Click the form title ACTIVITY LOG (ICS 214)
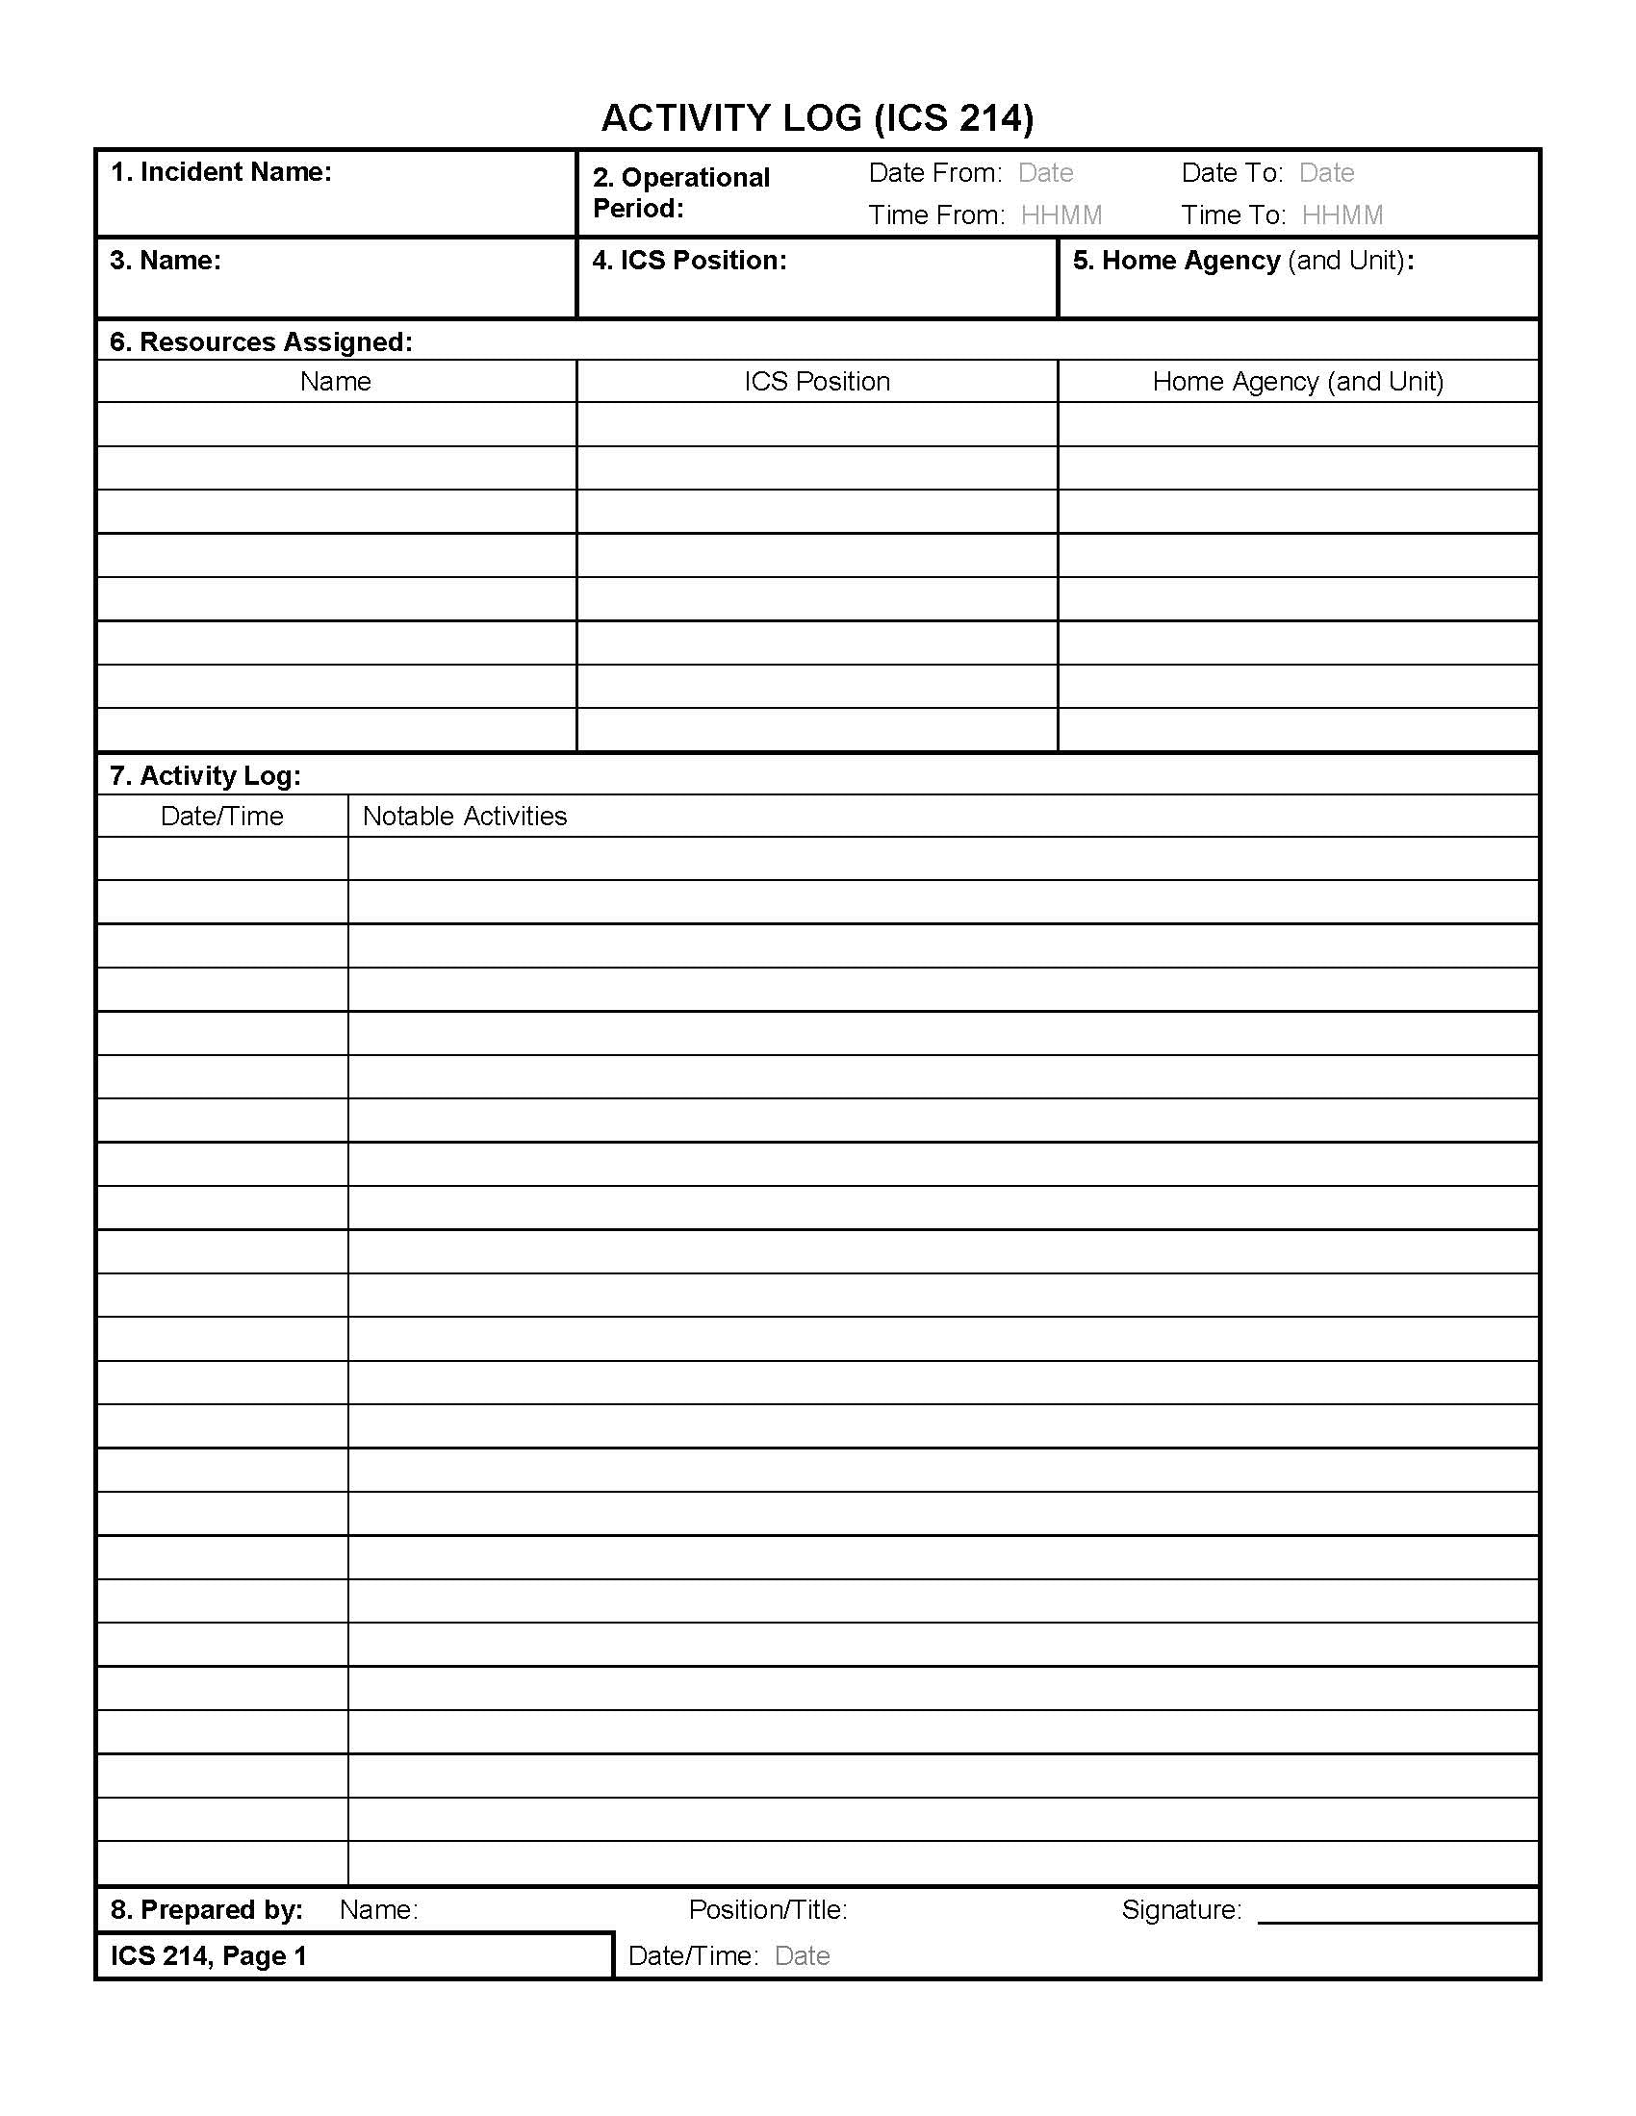tap(817, 118)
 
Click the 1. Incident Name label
tap(221, 172)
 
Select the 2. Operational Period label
tap(680, 191)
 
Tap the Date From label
tap(934, 173)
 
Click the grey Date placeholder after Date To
tap(1326, 173)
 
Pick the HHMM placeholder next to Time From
tap(1061, 215)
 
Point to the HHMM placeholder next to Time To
tap(1342, 215)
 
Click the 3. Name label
tap(165, 261)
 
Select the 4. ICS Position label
tap(689, 261)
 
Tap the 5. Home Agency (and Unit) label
tap(1242, 261)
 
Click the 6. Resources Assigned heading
tap(261, 342)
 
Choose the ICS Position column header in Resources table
tap(817, 382)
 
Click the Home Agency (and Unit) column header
tap(1298, 382)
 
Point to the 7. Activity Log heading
tap(206, 776)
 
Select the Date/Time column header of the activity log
tap(222, 817)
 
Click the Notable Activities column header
tap(464, 817)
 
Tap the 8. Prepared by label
tap(207, 1909)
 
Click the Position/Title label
tap(768, 1909)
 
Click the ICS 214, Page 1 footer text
tap(209, 1956)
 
